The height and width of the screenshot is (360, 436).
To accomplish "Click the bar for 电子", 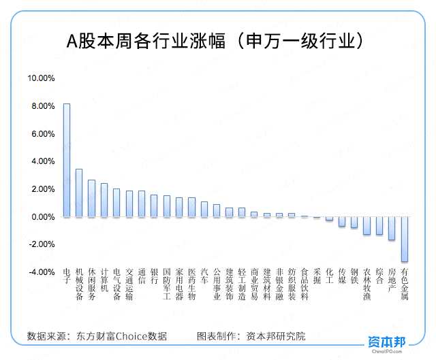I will [67, 160].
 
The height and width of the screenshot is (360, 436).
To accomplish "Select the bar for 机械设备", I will [79, 193].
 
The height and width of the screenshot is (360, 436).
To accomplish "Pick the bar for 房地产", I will [392, 228].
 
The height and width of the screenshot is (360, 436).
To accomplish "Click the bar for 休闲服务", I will [91, 199].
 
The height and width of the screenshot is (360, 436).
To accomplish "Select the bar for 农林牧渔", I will [367, 226].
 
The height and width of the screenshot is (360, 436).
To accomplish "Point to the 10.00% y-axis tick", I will [41, 78].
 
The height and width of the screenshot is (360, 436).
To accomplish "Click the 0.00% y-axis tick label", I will [42, 217].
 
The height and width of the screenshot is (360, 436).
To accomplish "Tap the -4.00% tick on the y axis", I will [41, 272].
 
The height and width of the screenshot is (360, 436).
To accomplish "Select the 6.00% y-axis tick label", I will [42, 134].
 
